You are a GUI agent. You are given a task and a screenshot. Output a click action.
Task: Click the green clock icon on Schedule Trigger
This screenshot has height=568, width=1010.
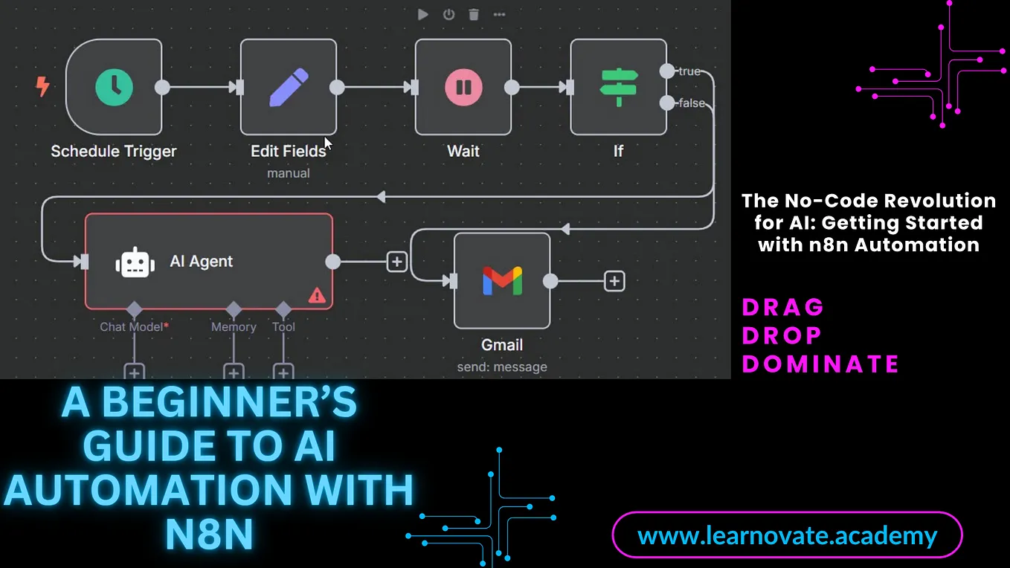114,87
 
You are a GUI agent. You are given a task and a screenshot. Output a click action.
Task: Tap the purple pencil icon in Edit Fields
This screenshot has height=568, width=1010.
289,87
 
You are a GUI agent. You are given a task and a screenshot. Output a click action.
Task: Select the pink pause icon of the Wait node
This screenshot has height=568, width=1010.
463,87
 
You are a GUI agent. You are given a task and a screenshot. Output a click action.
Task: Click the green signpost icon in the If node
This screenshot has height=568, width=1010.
619,87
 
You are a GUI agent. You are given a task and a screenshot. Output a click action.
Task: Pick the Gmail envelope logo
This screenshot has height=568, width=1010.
502,281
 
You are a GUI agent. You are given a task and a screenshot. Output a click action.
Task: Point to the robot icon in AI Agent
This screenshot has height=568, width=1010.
135,262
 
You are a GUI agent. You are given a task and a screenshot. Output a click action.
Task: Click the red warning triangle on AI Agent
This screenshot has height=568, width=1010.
317,295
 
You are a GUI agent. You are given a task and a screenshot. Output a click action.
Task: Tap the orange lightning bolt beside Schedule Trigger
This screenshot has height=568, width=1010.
42,86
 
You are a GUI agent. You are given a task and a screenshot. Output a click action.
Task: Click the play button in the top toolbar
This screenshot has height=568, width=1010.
423,15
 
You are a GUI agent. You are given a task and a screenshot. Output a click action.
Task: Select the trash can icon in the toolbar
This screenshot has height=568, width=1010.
474,15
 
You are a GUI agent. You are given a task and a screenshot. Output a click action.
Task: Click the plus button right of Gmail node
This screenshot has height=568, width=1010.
614,281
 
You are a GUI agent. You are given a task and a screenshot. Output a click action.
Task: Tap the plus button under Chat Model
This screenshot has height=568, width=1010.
135,372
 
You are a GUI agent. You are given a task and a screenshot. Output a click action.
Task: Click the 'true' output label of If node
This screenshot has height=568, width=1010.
689,71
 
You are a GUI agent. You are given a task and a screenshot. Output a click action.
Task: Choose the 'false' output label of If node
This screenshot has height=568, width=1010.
692,103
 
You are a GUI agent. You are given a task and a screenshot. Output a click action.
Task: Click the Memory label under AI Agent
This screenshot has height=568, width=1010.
234,327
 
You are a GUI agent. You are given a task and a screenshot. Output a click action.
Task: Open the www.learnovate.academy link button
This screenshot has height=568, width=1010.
788,535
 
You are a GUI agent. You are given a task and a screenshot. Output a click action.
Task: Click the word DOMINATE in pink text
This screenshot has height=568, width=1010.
820,364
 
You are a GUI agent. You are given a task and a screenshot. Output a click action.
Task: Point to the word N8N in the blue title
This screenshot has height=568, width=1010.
209,535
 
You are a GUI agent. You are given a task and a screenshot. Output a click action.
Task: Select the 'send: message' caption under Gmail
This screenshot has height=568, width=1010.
502,367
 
